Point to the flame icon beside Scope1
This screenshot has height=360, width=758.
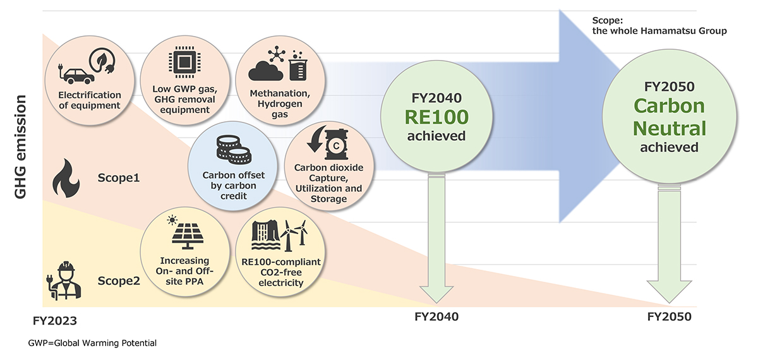point(66,179)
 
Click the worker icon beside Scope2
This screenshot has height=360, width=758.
point(63,282)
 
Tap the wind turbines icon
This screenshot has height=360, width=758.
point(294,235)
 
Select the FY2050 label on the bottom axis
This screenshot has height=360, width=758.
point(670,316)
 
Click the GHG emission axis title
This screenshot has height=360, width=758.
point(21,147)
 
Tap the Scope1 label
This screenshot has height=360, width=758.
point(118,178)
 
